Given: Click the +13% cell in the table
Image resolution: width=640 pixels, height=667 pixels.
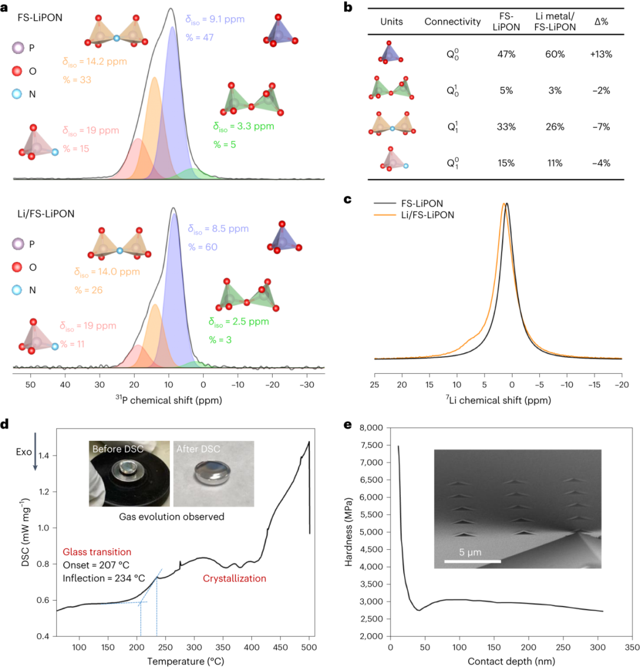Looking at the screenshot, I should point(601,54).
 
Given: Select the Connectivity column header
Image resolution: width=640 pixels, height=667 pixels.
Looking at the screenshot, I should point(453,22).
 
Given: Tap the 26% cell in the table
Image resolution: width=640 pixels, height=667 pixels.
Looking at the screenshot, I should point(555,127).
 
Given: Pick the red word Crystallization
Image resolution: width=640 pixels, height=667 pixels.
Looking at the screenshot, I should point(235,578).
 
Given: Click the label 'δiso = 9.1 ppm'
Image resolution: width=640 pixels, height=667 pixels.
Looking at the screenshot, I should point(215,20).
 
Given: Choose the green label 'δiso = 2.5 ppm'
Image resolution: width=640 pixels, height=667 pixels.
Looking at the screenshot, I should point(238,322).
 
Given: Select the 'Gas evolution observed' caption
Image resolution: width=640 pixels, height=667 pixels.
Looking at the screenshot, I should point(171,517).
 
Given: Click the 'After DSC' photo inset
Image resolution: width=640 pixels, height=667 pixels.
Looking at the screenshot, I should point(214,474).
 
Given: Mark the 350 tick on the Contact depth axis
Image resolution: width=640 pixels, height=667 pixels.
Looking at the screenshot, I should point(633,646).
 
